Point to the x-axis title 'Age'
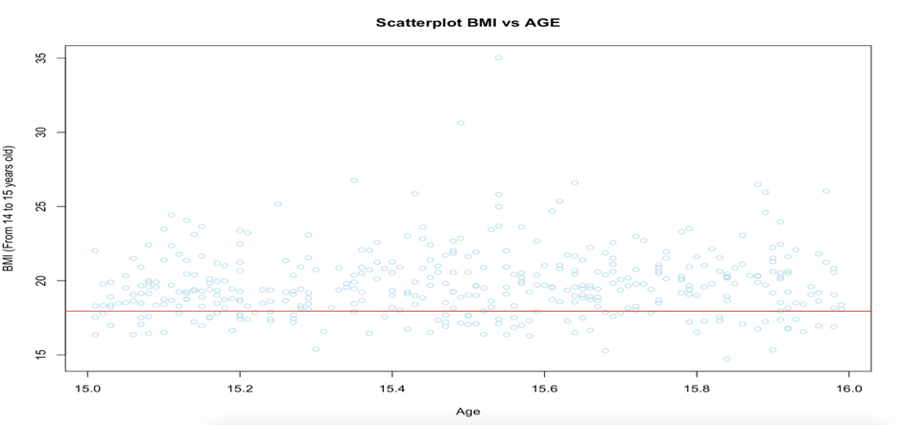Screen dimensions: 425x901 (x=467, y=412)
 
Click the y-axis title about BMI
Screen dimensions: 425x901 (x=10, y=208)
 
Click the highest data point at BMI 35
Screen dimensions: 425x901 (x=498, y=58)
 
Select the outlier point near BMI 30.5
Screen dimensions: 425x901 (x=461, y=123)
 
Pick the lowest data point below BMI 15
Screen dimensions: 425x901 (x=727, y=360)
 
